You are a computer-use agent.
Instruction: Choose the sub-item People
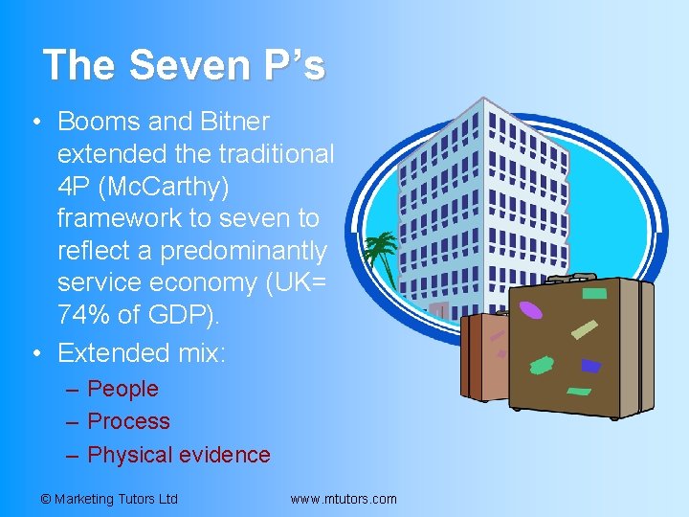pyautogui.click(x=122, y=389)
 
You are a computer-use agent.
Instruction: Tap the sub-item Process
pyautogui.click(x=128, y=421)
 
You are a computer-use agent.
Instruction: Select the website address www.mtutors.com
pyautogui.click(x=343, y=499)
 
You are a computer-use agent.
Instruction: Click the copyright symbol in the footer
pyautogui.click(x=45, y=499)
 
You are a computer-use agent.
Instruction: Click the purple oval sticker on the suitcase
pyautogui.click(x=529, y=310)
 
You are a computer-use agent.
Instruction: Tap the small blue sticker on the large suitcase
pyautogui.click(x=591, y=366)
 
